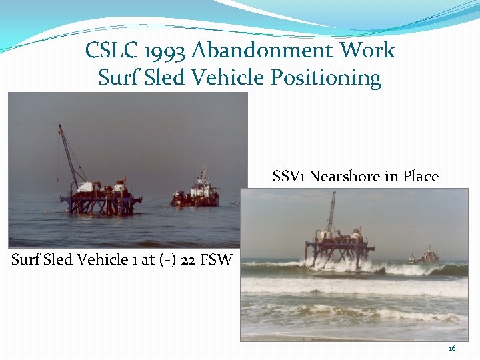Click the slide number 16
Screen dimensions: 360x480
pyautogui.click(x=452, y=349)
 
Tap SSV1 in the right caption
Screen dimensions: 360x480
pyautogui.click(x=289, y=177)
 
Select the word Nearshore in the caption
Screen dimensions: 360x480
pyautogui.click(x=344, y=177)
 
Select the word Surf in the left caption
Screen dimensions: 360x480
pyautogui.click(x=25, y=259)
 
